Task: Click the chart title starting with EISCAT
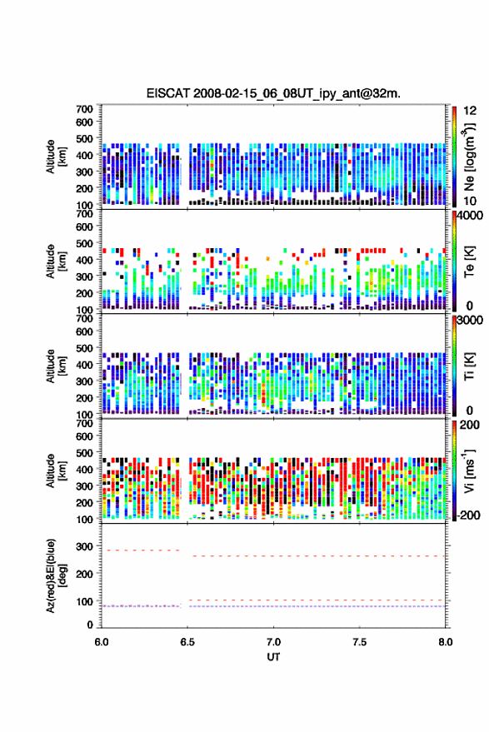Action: point(274,93)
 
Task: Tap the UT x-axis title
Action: point(274,657)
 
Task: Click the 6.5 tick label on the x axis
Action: point(187,642)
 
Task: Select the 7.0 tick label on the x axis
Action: point(274,642)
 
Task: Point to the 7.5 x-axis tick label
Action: point(360,642)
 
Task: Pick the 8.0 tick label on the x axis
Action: point(446,642)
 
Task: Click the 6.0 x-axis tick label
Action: point(102,642)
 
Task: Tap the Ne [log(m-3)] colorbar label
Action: point(469,157)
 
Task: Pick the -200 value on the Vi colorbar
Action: point(468,515)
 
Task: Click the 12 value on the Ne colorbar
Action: point(471,111)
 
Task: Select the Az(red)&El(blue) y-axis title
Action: point(56,575)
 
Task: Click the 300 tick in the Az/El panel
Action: point(84,546)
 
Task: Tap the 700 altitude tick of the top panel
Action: point(84,109)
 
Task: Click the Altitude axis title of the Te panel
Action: point(56,261)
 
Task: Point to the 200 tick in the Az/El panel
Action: point(84,574)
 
